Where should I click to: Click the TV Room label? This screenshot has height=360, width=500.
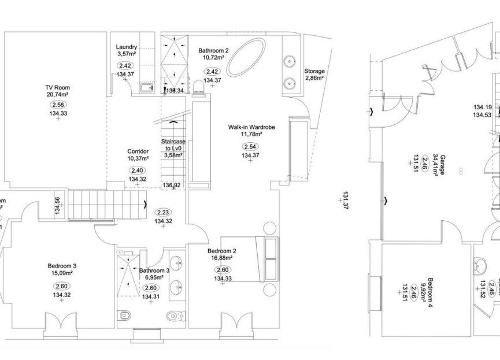[x=57, y=87]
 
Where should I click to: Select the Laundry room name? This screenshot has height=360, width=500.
[x=126, y=47]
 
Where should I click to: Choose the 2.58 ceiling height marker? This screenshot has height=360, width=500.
[x=58, y=105]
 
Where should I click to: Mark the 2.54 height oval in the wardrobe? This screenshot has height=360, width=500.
[x=250, y=146]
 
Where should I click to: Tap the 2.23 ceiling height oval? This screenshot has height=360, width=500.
[x=163, y=211]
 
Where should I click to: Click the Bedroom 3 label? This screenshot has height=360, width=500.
[x=62, y=266]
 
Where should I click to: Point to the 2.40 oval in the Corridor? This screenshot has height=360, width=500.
[x=137, y=170]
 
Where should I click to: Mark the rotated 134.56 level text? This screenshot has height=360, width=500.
[x=57, y=206]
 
